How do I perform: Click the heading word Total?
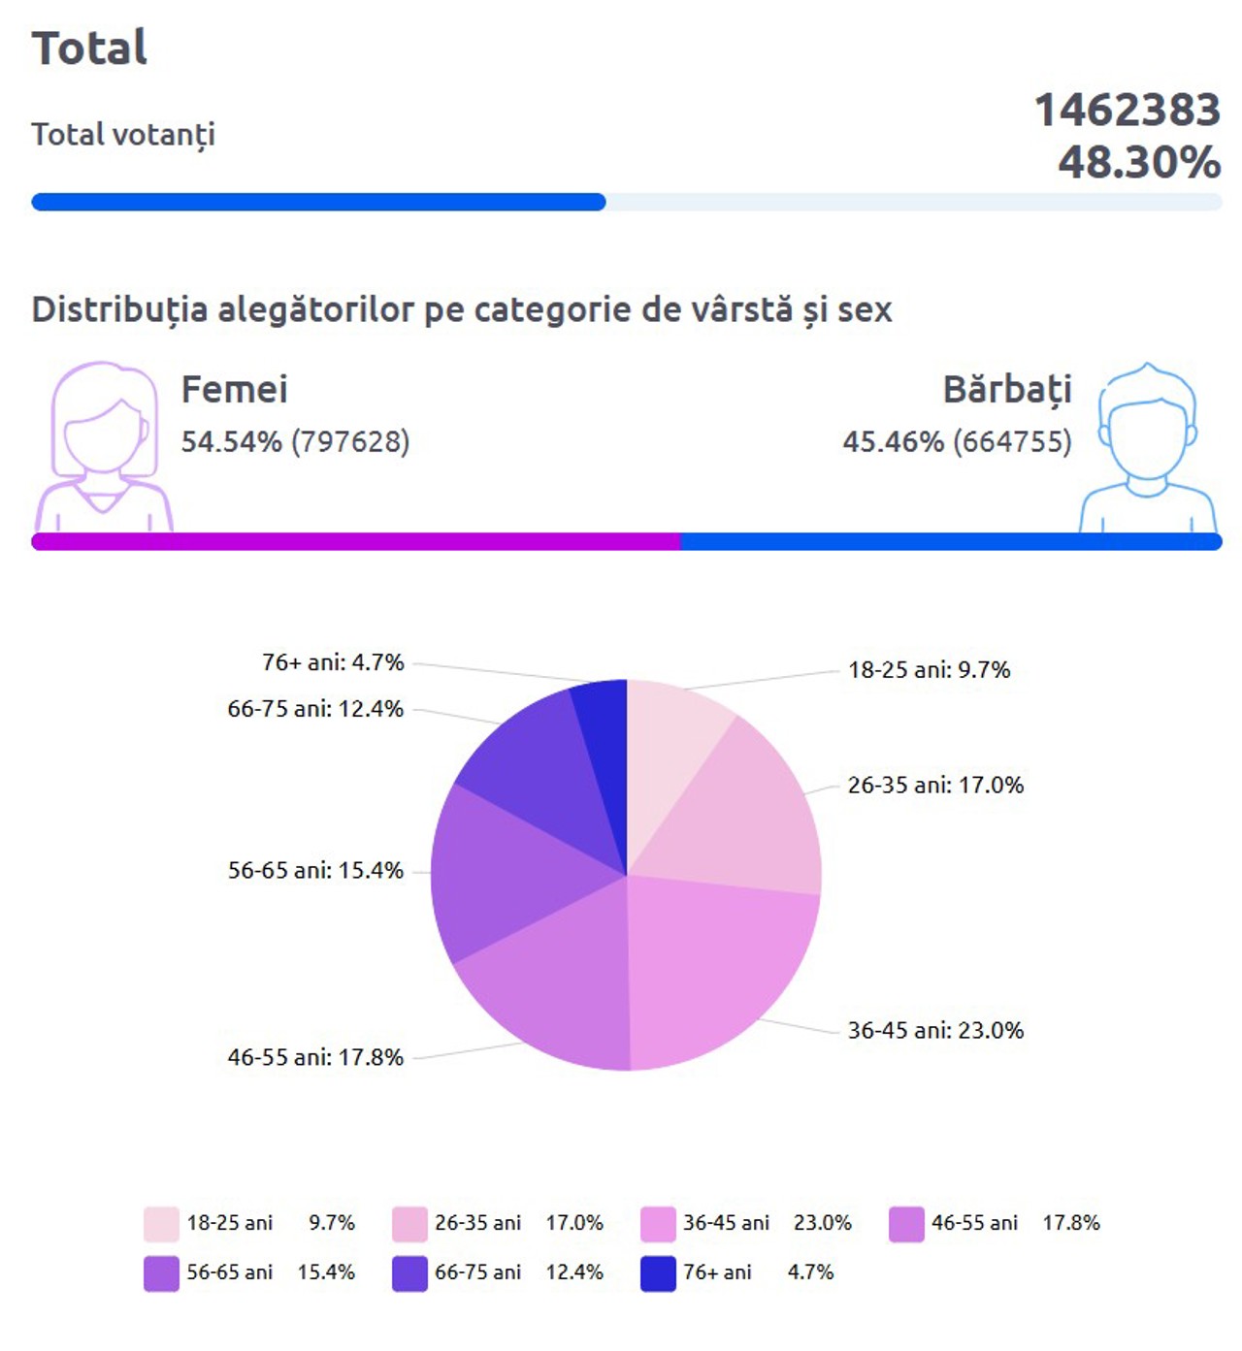(89, 48)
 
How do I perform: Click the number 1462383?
(1127, 110)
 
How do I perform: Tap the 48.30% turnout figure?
(1138, 162)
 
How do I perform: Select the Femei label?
(234, 390)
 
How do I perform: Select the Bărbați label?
(1007, 390)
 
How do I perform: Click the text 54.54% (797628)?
(295, 442)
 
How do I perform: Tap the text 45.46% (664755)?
(957, 442)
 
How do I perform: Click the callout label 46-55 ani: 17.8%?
(315, 1057)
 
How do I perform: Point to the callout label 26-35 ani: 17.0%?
(935, 785)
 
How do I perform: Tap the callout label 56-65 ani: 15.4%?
(315, 870)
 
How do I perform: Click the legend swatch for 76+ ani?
(658, 1273)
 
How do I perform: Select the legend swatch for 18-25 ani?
(161, 1224)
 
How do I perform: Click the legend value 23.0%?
(822, 1223)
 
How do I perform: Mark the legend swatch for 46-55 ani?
(906, 1224)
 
